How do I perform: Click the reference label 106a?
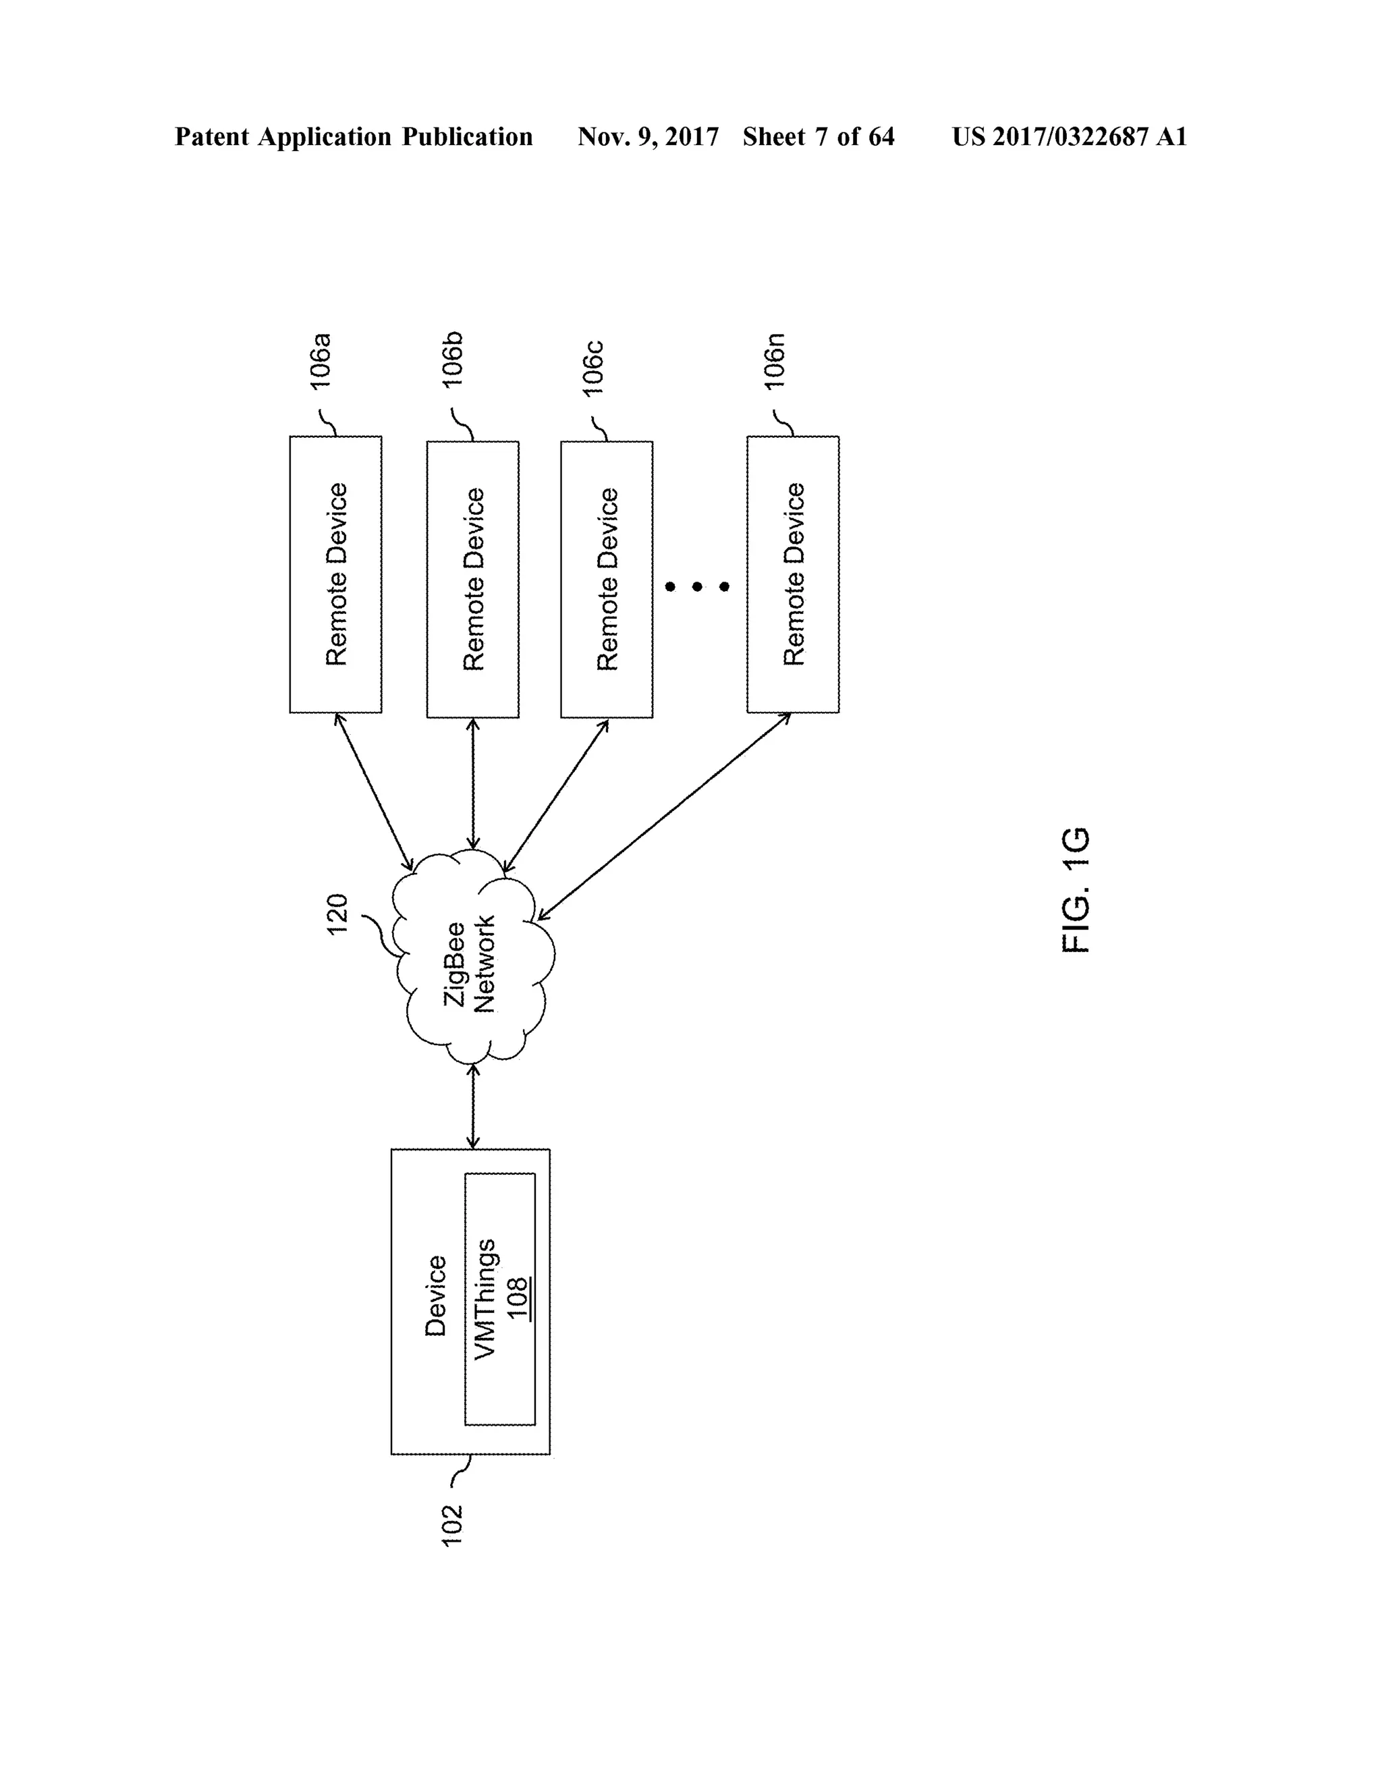320,360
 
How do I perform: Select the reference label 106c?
592,368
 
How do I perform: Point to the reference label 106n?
775,360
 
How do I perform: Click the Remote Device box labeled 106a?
335,574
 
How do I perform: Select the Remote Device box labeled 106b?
472,579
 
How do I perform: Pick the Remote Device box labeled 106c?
607,579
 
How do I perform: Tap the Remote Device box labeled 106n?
792,574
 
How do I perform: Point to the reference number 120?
337,914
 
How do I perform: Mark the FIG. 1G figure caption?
1075,890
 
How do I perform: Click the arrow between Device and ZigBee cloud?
472,1105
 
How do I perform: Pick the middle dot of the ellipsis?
696,586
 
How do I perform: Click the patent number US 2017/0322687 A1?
1070,137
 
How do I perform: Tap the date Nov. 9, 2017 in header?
648,137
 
